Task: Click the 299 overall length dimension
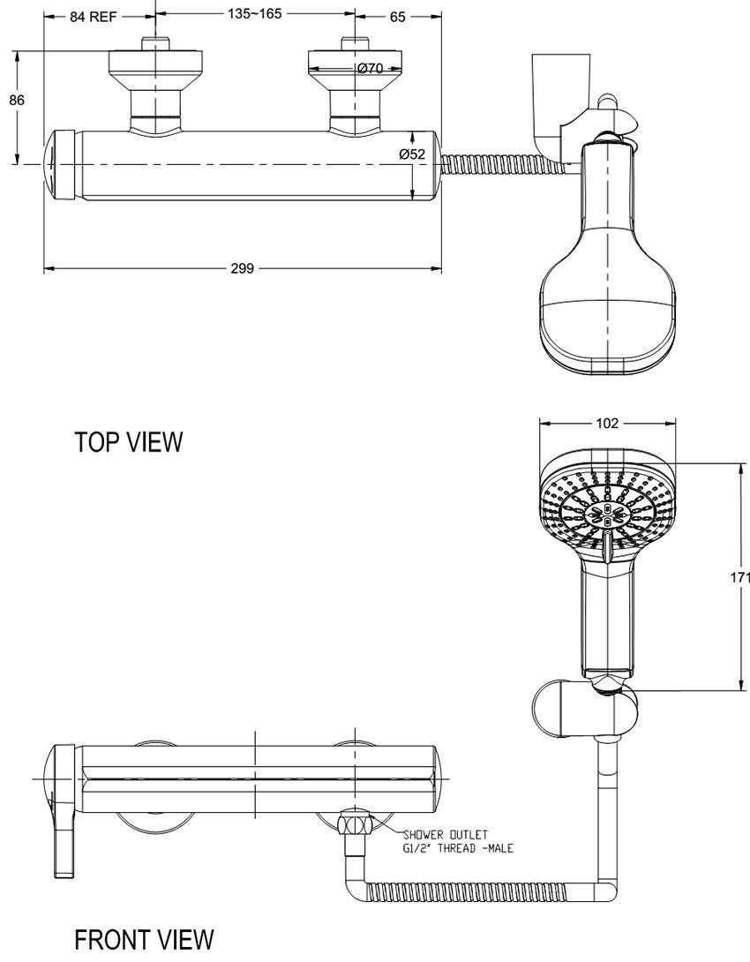tap(242, 268)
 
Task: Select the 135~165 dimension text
tap(256, 15)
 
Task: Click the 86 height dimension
tap(16, 100)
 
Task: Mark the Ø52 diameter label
tap(412, 154)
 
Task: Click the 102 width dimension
tap(607, 423)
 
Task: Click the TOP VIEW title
tap(129, 442)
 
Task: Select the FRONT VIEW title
tap(144, 939)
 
